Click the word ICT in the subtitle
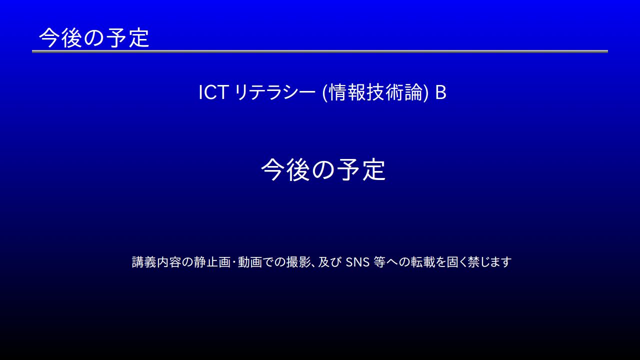pyautogui.click(x=213, y=92)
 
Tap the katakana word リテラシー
pyautogui.click(x=275, y=92)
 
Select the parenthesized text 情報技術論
pyautogui.click(x=375, y=92)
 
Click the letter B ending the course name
pyautogui.click(x=440, y=92)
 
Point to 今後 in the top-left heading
pyautogui.click(x=60, y=37)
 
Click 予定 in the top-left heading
pyautogui.click(x=127, y=37)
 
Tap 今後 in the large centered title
pyautogui.click(x=285, y=169)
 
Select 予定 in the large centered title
pyautogui.click(x=361, y=169)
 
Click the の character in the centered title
pyautogui.click(x=323, y=170)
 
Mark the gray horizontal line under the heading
pyautogui.click(x=320, y=51)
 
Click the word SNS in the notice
pyautogui.click(x=357, y=262)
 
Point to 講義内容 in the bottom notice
pyautogui.click(x=156, y=262)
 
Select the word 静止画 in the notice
pyautogui.click(x=212, y=262)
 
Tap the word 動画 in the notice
pyautogui.click(x=250, y=262)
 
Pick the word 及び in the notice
pyautogui.click(x=330, y=262)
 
